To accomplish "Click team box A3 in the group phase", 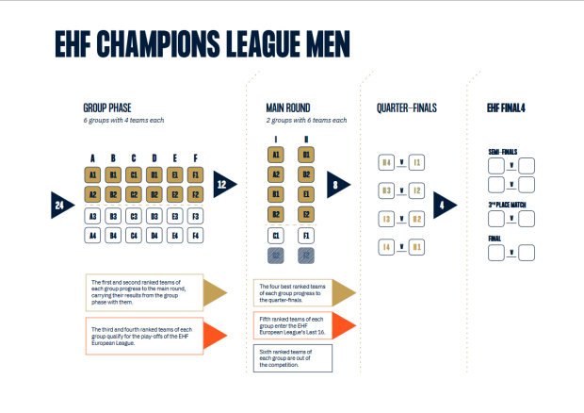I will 93,216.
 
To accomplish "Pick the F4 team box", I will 194,235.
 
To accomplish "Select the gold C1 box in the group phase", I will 134,174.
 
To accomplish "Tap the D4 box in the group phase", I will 154,235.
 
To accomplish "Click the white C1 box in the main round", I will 276,235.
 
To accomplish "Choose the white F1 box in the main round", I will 307,235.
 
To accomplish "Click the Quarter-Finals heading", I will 406,107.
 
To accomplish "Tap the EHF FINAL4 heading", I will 506,107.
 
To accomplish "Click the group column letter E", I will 174,157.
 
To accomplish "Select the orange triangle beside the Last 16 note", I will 344,323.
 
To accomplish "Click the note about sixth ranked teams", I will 293,357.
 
